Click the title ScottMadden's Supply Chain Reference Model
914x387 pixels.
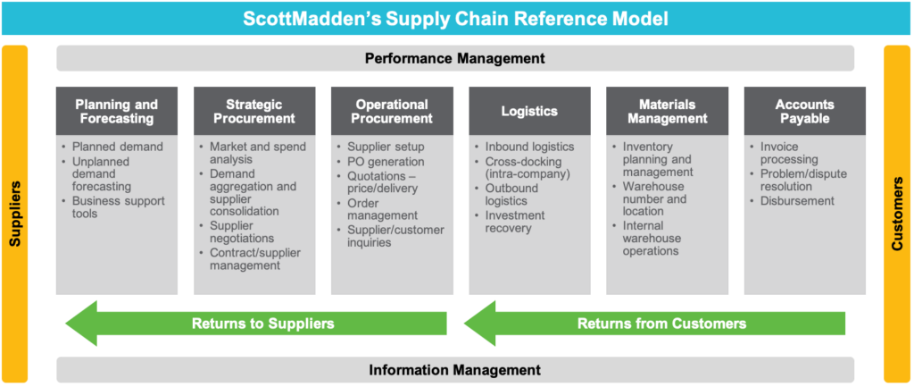pos(455,17)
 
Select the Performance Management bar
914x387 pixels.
pos(455,59)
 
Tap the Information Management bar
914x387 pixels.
pos(455,369)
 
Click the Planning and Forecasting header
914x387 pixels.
pos(117,112)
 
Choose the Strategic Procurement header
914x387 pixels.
pos(254,112)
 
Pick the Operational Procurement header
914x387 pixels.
pos(392,112)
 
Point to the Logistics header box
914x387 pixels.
pos(528,112)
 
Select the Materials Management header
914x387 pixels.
pos(667,112)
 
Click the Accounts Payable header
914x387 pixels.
pos(804,112)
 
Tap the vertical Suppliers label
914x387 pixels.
pos(15,215)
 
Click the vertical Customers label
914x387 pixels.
pos(898,215)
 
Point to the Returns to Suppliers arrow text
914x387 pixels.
pos(262,324)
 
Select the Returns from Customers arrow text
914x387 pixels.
pos(661,324)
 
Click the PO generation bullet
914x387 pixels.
pos(379,162)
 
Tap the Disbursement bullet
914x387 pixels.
pos(796,201)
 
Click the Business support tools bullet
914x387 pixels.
pos(118,207)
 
